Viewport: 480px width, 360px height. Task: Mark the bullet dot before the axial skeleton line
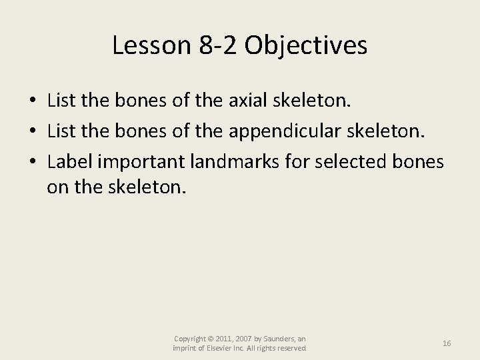click(x=33, y=101)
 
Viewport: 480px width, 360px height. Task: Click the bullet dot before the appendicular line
click(x=33, y=131)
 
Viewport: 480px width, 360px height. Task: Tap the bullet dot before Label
click(x=33, y=160)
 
